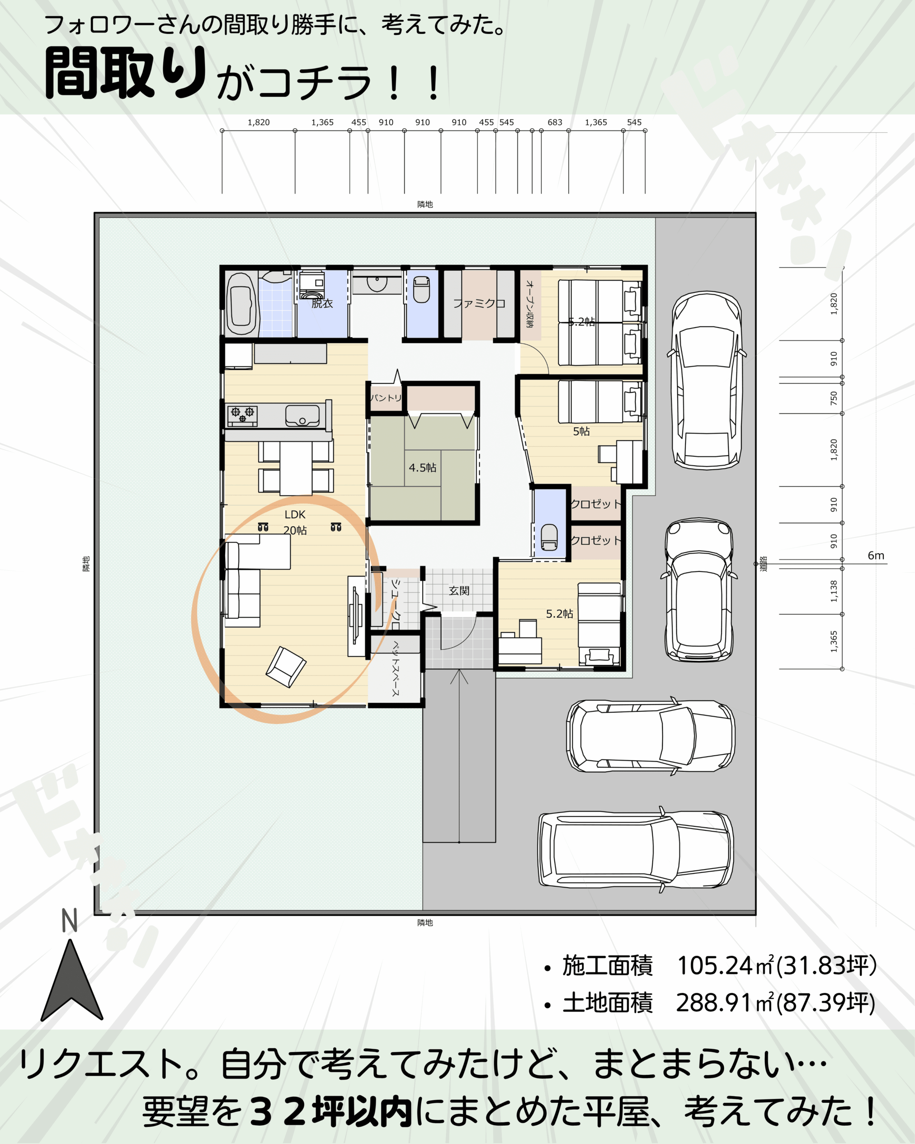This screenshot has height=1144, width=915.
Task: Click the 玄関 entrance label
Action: click(x=459, y=591)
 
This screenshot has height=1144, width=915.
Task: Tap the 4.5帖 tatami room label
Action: click(x=422, y=467)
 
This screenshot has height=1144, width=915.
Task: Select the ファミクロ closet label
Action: click(x=479, y=303)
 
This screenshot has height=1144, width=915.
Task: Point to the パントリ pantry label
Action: click(x=386, y=397)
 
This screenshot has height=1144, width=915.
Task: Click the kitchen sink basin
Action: click(x=302, y=416)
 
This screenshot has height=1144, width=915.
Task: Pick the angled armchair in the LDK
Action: click(x=286, y=667)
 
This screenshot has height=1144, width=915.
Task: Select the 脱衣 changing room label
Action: click(x=322, y=303)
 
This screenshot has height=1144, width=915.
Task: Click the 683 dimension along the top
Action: click(x=555, y=122)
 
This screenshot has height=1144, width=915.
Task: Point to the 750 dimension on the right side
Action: click(x=834, y=398)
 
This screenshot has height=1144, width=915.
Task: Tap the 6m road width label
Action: click(x=876, y=555)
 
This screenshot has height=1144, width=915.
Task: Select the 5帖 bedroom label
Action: click(x=581, y=431)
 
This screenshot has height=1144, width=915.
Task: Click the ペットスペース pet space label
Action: click(x=396, y=669)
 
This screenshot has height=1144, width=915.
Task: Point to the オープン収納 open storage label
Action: click(x=530, y=303)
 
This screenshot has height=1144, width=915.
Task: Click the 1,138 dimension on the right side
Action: click(x=834, y=591)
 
